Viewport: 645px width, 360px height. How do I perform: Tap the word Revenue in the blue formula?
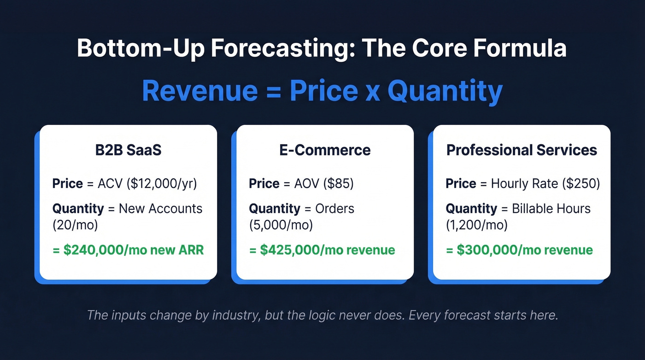tap(199, 91)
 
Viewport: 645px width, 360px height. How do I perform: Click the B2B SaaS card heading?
tap(128, 150)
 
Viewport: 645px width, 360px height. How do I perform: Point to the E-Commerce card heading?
tap(325, 150)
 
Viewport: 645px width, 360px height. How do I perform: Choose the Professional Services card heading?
tap(522, 150)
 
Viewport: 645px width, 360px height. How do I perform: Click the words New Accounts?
tap(160, 208)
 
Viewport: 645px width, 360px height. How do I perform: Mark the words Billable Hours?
tap(551, 208)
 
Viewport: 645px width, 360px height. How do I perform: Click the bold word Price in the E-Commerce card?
tap(264, 183)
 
